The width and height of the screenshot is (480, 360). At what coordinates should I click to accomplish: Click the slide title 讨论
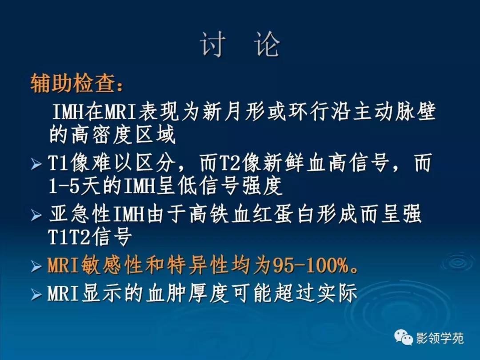click(240, 45)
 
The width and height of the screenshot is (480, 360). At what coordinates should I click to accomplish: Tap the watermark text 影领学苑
click(440, 339)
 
